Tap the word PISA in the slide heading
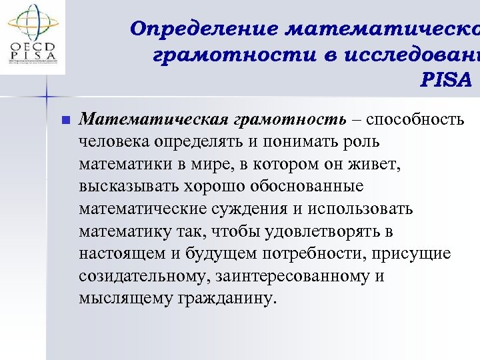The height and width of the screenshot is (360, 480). pyautogui.click(x=446, y=80)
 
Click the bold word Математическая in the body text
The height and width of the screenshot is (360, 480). pyautogui.click(x=154, y=119)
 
